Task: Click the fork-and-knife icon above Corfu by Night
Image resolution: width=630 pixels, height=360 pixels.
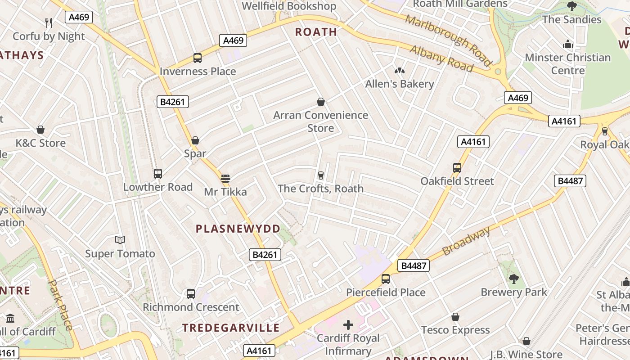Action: click(x=49, y=22)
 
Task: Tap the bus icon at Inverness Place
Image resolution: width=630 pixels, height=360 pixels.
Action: click(x=198, y=58)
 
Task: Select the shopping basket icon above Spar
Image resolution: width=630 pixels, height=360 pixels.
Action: click(x=195, y=140)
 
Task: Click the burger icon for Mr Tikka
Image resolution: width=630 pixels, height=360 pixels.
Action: click(x=225, y=179)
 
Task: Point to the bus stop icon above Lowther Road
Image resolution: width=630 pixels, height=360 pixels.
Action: click(x=157, y=173)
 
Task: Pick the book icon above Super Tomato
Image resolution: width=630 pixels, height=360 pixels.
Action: click(x=120, y=240)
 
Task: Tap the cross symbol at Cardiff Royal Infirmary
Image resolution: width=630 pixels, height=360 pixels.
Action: click(x=348, y=324)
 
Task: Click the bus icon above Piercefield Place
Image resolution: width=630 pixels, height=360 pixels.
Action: click(x=386, y=279)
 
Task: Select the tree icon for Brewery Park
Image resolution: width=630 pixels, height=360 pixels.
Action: click(x=514, y=279)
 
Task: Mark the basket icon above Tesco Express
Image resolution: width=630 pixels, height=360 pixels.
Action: click(x=455, y=317)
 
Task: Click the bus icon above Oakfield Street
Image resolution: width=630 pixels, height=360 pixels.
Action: click(x=457, y=167)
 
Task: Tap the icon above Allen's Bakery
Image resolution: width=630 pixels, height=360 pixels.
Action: click(x=399, y=70)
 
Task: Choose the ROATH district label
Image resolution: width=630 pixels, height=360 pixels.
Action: click(x=316, y=32)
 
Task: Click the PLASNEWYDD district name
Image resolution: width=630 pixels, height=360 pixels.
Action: click(x=238, y=229)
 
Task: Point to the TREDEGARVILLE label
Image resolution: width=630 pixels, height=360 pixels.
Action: click(x=231, y=328)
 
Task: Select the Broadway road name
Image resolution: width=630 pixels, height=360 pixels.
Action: click(x=466, y=242)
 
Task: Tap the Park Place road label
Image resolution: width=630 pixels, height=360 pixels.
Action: click(x=60, y=305)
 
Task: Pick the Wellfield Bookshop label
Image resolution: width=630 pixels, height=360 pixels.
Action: click(x=289, y=6)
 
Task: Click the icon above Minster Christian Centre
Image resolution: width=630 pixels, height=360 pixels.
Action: click(x=567, y=44)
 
